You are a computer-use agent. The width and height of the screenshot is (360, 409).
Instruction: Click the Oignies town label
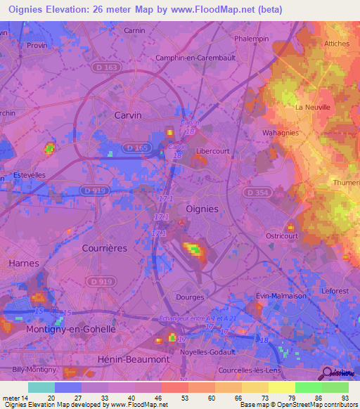[202, 209]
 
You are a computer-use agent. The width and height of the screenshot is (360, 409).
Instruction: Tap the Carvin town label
[127, 115]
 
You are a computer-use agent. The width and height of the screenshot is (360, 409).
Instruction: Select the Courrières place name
[103, 248]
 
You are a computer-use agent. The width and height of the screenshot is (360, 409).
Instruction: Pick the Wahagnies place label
[281, 132]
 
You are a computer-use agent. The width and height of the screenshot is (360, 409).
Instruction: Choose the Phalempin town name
[252, 39]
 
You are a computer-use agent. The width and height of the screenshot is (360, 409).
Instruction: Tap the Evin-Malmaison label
[281, 296]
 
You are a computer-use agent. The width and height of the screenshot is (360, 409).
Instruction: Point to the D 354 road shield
[257, 192]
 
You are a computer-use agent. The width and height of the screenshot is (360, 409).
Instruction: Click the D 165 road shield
[137, 147]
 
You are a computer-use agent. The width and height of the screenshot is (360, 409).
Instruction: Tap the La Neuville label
[311, 108]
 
